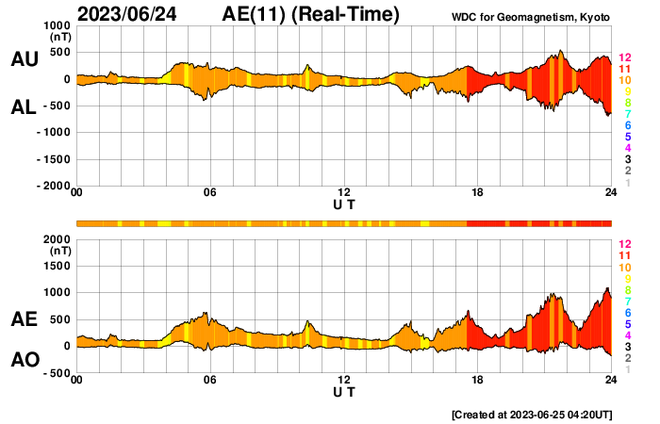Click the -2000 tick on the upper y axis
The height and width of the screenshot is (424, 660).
click(x=53, y=186)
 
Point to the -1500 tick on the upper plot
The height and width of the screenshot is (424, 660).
click(x=53, y=159)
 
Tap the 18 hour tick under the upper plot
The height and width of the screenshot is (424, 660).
click(x=478, y=193)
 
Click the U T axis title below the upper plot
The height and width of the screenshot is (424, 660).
click(x=344, y=204)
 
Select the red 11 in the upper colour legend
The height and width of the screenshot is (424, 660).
click(x=624, y=69)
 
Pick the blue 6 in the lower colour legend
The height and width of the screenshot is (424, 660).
click(x=627, y=312)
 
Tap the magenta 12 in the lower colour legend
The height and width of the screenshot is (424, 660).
click(x=624, y=244)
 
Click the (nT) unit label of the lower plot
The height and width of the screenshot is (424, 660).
click(x=58, y=252)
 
